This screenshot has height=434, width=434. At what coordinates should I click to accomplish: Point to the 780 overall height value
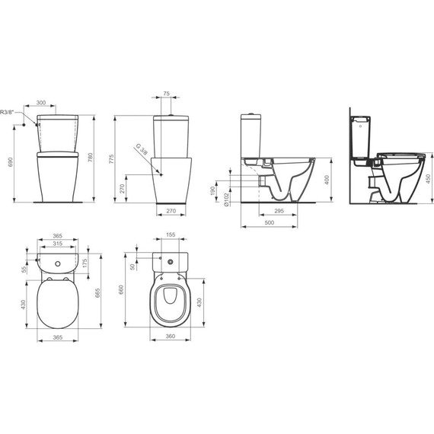[x=91, y=157]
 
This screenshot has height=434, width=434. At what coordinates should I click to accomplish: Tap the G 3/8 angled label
[x=140, y=151]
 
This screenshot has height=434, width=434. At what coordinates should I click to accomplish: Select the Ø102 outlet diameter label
[x=228, y=199]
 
